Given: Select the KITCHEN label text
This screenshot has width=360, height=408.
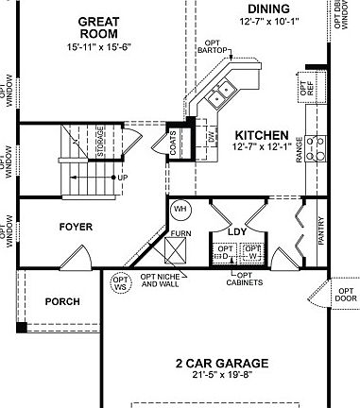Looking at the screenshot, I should [267, 135].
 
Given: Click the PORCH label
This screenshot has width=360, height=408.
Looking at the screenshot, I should [61, 302].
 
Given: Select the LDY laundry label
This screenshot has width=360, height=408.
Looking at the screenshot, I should [237, 230].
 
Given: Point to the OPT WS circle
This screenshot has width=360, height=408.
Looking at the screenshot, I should [120, 282].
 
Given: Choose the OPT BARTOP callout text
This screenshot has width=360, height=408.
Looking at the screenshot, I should [214, 46].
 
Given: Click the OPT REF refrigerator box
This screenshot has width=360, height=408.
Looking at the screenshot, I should [308, 88].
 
